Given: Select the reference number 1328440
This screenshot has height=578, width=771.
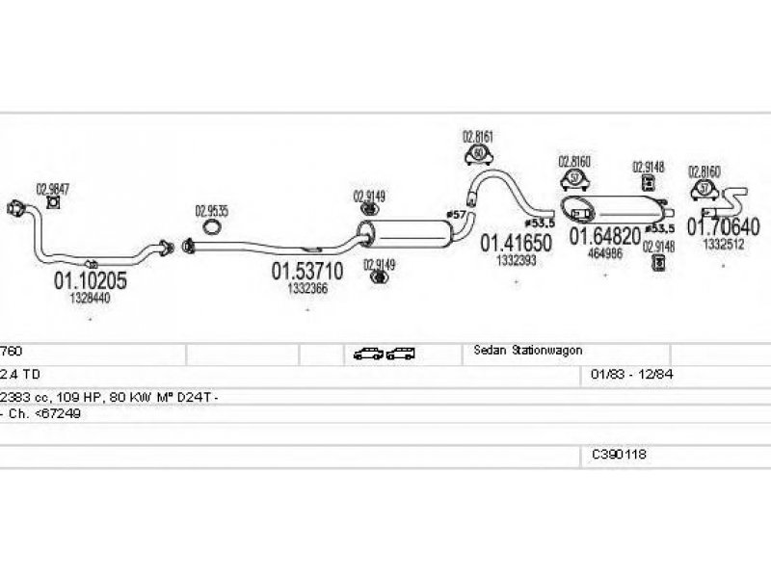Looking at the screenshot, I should pos(90,300).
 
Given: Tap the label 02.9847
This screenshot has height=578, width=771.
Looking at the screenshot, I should pos(52,189).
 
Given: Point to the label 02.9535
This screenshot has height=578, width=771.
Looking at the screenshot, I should pos(212,210).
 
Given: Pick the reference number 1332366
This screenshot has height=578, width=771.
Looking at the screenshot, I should pos(307,288).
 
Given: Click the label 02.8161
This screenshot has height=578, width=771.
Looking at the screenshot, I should pos(478,138).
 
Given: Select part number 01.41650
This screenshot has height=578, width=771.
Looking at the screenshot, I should pos(517,245).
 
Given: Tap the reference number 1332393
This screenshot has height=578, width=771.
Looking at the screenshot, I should pos(517,261).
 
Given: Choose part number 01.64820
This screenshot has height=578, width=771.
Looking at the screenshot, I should pos(605,236).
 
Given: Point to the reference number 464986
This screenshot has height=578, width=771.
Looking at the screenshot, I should pos(605,253).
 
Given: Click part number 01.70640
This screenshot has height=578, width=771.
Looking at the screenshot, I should pos(723,227).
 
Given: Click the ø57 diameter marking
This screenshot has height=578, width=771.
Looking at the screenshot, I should pos(456,213).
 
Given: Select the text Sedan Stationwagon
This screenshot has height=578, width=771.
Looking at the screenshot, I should pos(528,351).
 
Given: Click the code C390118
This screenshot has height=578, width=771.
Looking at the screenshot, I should pos(619,453).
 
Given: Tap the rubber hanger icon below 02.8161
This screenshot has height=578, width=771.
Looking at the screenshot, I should pos(478,154).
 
